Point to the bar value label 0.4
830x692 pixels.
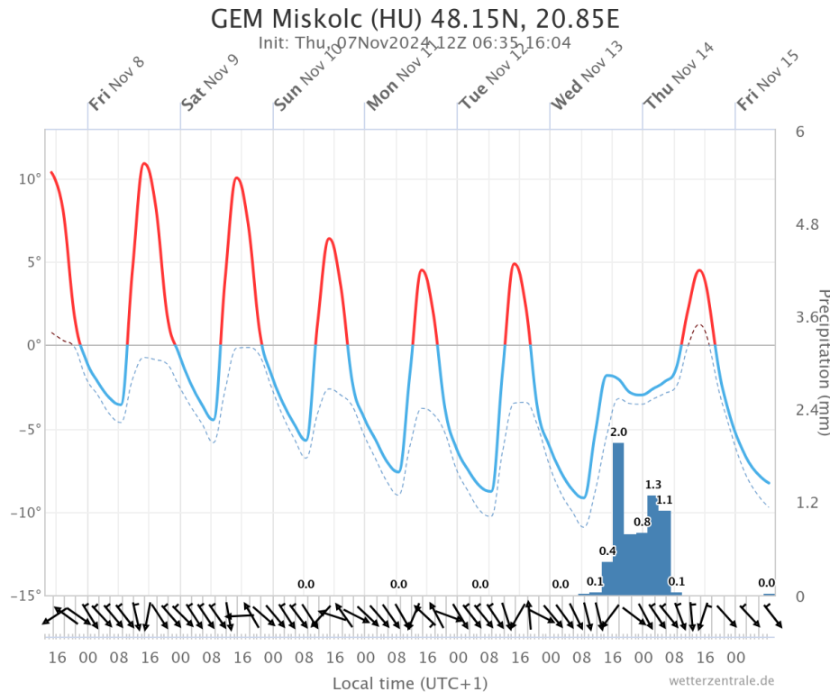[607, 551]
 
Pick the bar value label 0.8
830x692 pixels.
[642, 523]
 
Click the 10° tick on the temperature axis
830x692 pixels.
[31, 179]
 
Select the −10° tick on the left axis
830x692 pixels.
[27, 513]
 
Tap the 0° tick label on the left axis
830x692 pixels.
[34, 345]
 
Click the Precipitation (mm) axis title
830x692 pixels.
[821, 361]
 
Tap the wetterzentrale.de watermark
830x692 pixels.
[722, 680]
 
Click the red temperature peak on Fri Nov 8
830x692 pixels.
[144, 164]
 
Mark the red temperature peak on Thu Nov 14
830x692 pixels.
[699, 270]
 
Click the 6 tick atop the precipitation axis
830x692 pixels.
[799, 132]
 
